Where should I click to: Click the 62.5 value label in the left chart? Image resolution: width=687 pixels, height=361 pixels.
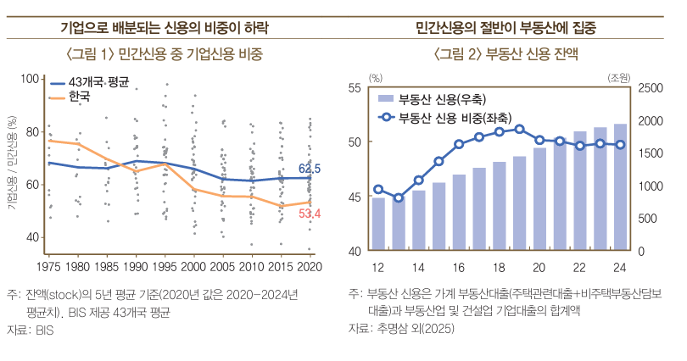tap(310, 169)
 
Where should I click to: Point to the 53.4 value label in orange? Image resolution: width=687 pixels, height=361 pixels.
tap(310, 213)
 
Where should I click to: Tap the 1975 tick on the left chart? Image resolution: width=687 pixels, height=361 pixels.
tap(48, 266)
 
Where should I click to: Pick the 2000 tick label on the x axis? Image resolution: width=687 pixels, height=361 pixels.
tap(194, 266)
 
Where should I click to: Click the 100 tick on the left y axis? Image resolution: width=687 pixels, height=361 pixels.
tap(31, 79)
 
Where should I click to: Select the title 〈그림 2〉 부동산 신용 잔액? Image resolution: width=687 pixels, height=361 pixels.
tap(505, 55)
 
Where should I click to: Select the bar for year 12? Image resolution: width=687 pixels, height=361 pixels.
tap(378, 224)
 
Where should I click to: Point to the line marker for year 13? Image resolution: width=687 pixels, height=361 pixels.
tap(399, 197)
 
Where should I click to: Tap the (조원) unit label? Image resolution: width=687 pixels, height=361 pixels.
tap(618, 77)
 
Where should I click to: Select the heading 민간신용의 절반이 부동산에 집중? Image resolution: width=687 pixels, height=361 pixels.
tap(505, 28)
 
